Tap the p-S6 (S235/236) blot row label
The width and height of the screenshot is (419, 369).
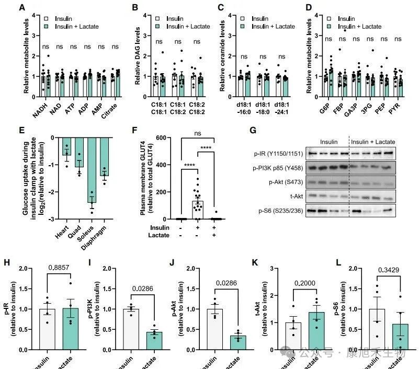pos(278,212)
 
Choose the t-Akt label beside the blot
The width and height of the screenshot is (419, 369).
pos(290,198)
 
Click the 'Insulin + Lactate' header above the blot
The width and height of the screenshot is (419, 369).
pos(373,142)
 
